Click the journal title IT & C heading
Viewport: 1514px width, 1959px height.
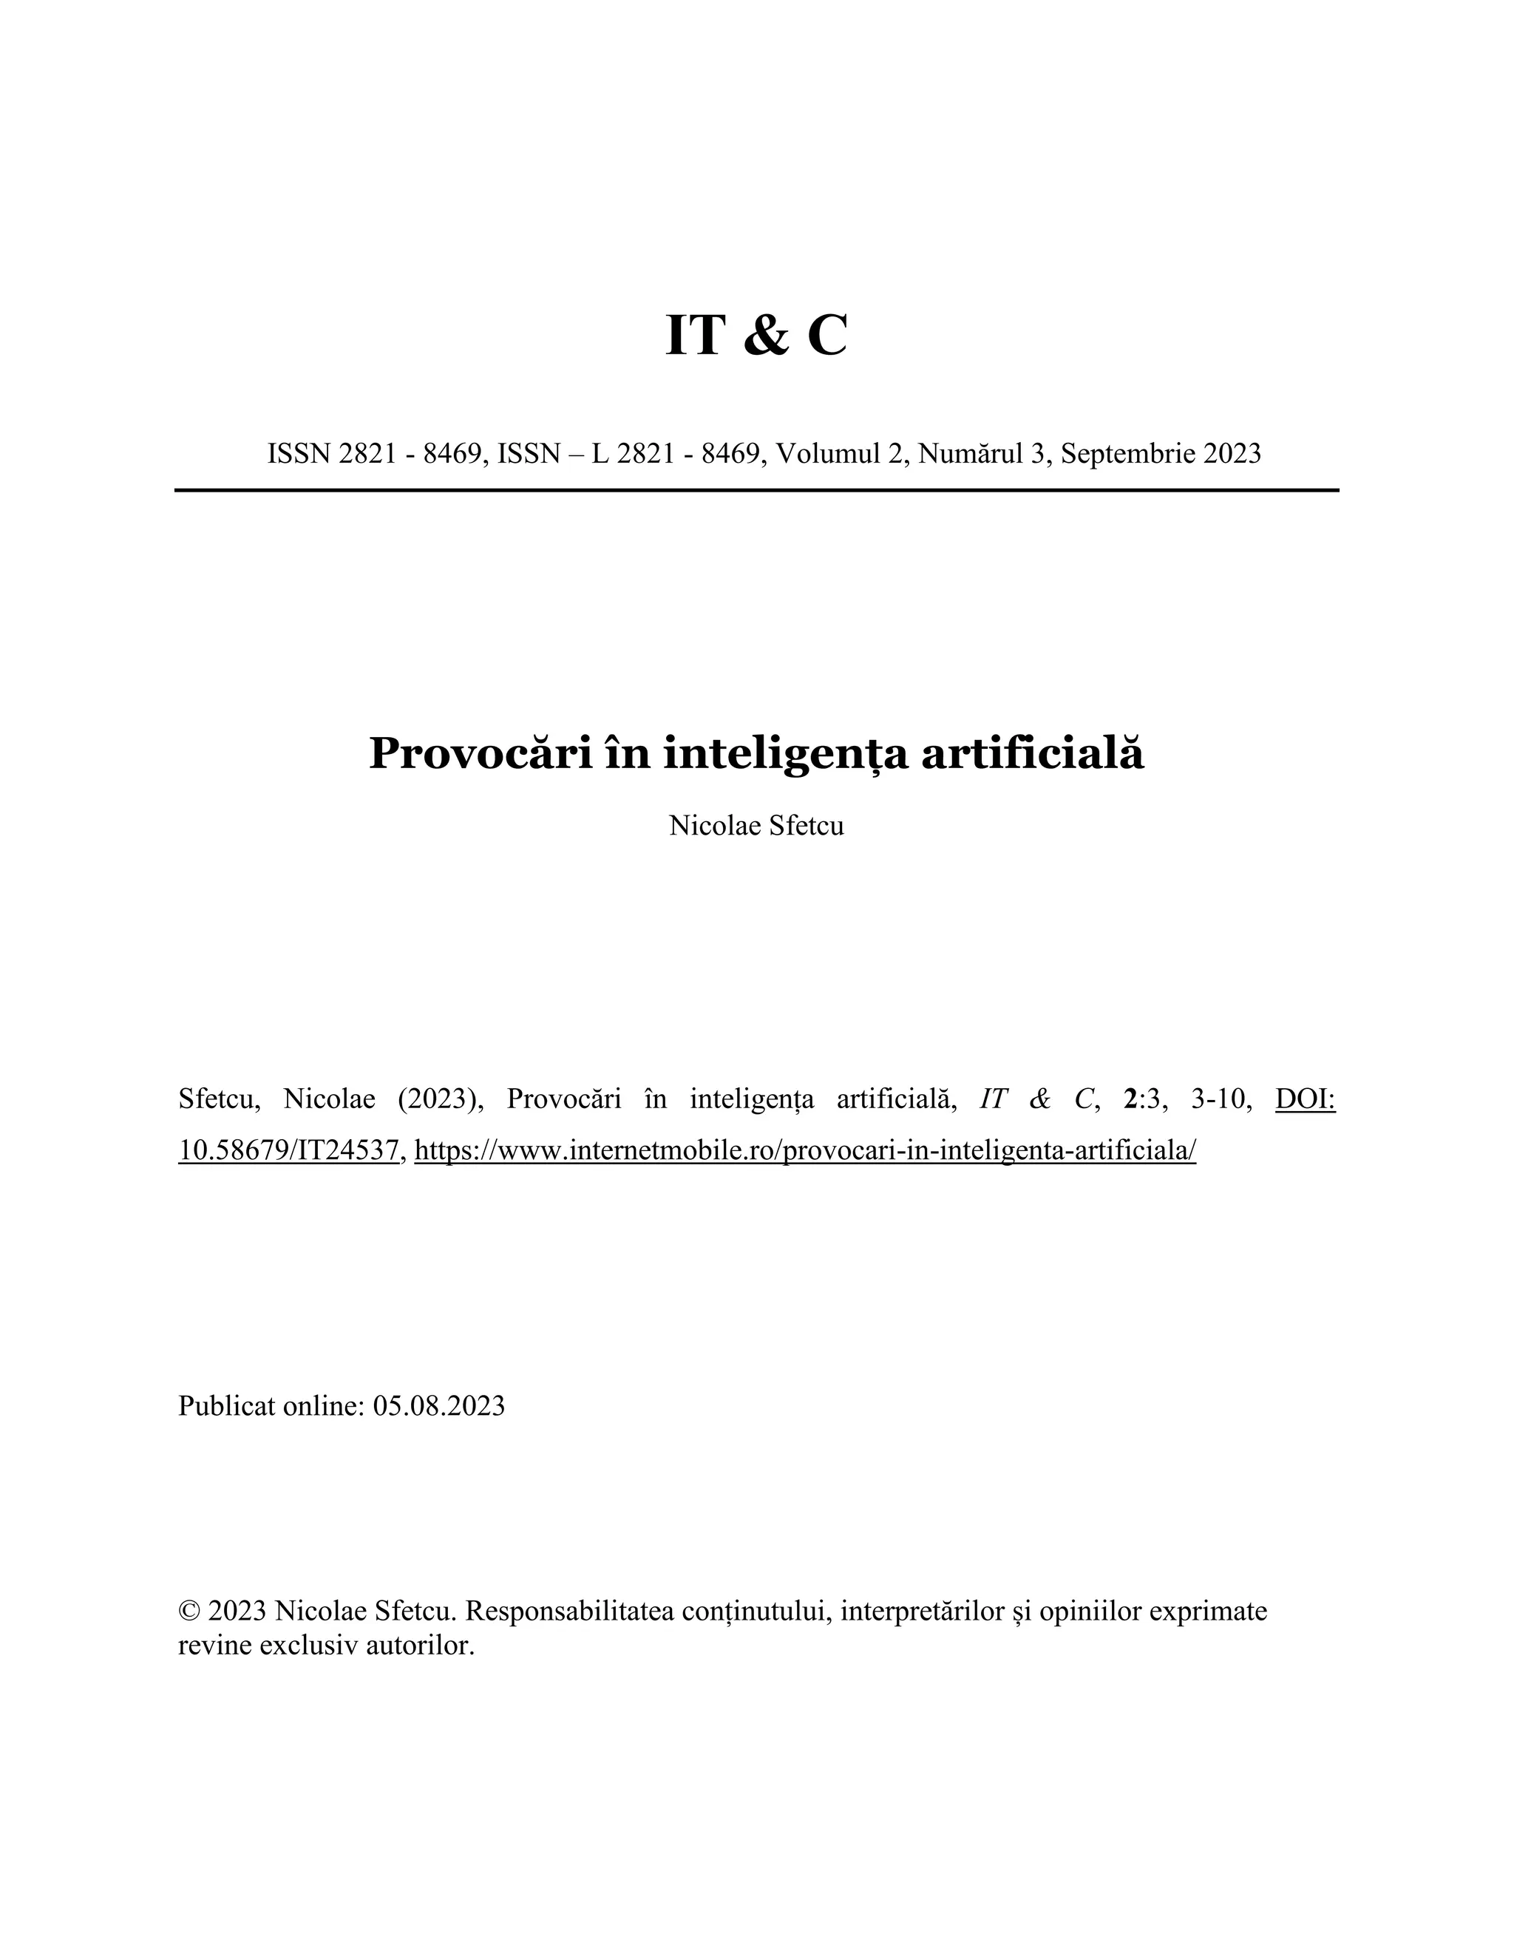(756, 336)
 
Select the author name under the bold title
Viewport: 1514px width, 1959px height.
(756, 825)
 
